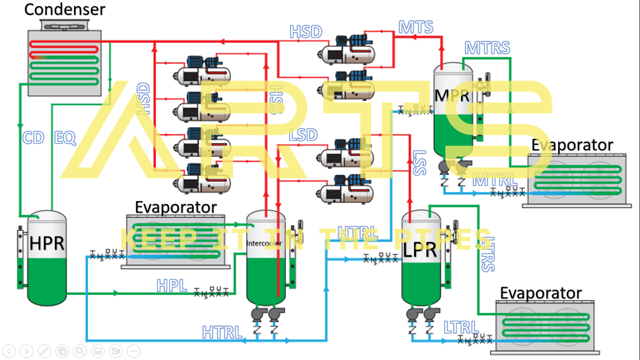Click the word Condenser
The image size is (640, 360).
tap(65, 9)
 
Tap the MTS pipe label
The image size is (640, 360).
tap(415, 27)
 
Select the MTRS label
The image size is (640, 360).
tap(487, 48)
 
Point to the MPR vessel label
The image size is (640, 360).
tap(452, 95)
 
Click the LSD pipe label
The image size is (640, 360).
tap(303, 135)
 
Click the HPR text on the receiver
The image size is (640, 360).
tap(47, 243)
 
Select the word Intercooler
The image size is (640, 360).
tap(264, 243)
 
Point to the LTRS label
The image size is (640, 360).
tap(488, 254)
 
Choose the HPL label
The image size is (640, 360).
tap(172, 285)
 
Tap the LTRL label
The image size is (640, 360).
tap(461, 327)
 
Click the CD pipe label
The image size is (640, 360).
tap(33, 138)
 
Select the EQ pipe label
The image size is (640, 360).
tap(65, 138)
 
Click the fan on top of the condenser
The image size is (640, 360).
tap(63, 24)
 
